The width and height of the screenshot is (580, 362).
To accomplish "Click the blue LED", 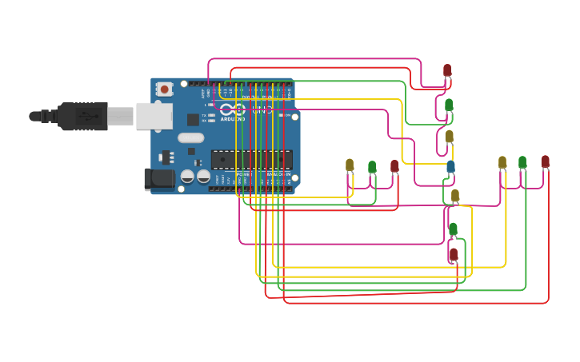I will click(450, 166).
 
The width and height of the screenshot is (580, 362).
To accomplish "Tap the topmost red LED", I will click(447, 70).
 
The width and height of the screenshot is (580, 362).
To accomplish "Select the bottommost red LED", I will click(454, 255).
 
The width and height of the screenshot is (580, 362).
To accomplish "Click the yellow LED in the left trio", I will click(350, 165).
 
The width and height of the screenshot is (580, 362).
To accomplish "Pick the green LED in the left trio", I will click(372, 166).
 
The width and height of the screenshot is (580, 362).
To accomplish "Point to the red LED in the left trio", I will click(394, 165).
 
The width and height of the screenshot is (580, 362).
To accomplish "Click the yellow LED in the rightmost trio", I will click(502, 162).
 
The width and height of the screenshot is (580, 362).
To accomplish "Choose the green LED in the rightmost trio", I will click(522, 162).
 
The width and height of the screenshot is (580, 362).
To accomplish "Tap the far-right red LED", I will click(546, 161).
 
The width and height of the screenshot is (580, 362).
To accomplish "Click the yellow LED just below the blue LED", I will click(455, 196).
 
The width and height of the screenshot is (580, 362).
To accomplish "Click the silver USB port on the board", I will click(154, 116).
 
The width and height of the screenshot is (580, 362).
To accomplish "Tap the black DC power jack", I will click(159, 179).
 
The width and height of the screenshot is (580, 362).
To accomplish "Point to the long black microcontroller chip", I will click(251, 159).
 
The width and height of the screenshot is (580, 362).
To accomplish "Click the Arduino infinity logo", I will click(233, 109).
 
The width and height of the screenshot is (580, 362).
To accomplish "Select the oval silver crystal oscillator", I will click(191, 137).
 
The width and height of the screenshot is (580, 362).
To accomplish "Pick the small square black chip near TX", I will click(193, 119).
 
